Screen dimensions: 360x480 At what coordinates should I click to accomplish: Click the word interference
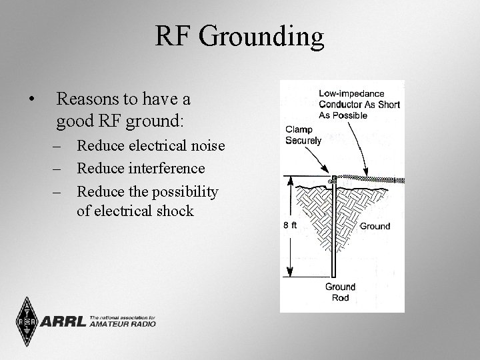(163, 169)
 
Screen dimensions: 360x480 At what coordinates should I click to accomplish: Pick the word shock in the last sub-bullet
(172, 211)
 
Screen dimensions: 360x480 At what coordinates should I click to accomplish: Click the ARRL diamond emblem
(25, 322)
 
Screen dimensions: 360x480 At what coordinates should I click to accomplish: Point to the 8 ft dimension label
(290, 226)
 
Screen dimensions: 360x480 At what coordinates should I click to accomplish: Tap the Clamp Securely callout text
(303, 135)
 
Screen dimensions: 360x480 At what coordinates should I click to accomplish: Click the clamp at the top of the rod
(333, 179)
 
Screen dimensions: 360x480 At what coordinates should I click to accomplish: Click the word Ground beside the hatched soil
(375, 226)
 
